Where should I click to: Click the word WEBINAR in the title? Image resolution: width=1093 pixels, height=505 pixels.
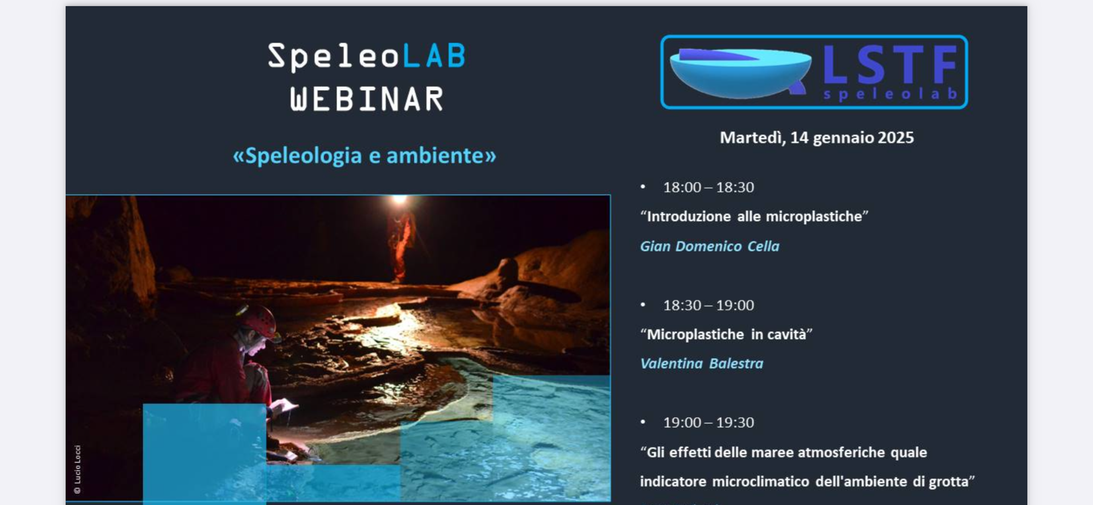click(x=367, y=99)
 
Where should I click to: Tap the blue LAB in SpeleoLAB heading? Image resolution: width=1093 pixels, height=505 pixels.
click(x=434, y=56)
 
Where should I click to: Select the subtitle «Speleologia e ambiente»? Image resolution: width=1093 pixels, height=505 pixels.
click(x=365, y=156)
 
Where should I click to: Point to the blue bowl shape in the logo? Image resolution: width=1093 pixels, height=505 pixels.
click(x=741, y=73)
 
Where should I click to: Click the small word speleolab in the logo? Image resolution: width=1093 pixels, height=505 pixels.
click(x=890, y=94)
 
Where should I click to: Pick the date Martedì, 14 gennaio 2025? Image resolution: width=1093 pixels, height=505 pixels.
click(x=816, y=138)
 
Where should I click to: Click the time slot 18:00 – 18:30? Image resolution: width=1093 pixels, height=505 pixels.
click(x=708, y=187)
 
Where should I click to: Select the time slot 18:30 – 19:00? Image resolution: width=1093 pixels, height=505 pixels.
click(x=708, y=305)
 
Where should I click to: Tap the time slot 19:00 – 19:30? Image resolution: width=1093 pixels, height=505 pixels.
click(x=708, y=422)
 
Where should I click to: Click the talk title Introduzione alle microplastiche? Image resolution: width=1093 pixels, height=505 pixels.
click(x=754, y=216)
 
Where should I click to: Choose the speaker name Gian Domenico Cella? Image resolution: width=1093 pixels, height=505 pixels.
click(x=709, y=246)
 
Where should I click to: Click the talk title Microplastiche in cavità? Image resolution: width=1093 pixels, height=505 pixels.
click(x=726, y=334)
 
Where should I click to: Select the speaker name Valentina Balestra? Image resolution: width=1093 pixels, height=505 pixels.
click(x=702, y=363)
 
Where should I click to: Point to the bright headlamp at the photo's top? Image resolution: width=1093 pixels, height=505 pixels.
click(x=399, y=201)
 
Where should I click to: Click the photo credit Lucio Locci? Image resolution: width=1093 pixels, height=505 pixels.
click(x=78, y=469)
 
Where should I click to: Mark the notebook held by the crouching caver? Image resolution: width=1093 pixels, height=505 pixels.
click(x=284, y=406)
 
